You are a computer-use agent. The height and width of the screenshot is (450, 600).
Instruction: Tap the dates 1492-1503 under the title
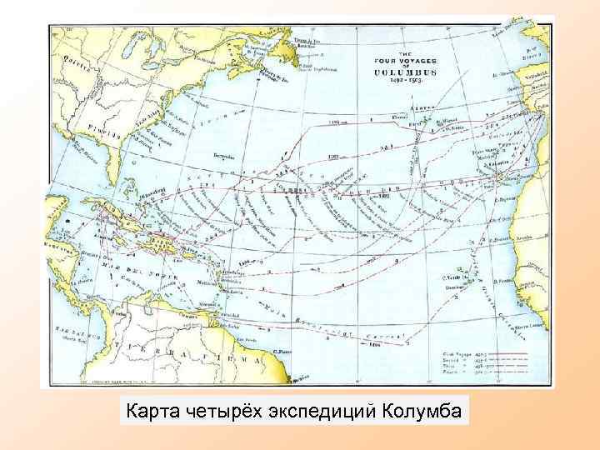point(403,83)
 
